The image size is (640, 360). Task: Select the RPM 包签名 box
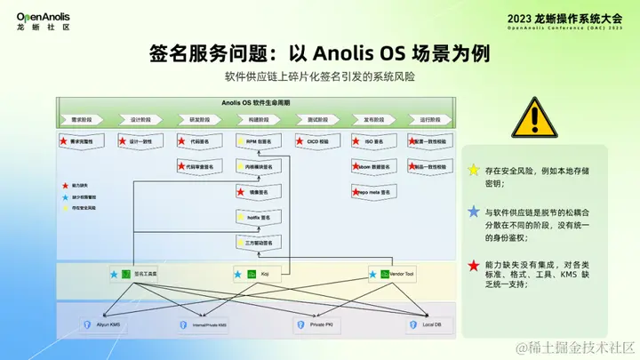point(257,141)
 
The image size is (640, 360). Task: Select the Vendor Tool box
point(394,275)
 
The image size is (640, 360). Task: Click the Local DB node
point(423,325)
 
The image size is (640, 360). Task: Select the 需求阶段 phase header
point(82,119)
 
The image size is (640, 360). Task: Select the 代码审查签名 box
point(199,166)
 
